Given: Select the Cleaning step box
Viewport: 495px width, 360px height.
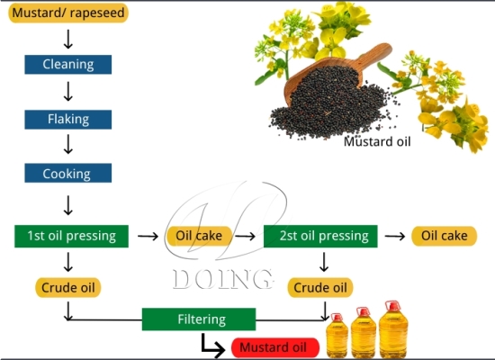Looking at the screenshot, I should click(67, 64).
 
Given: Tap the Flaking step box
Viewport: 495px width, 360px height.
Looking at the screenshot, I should click(67, 119).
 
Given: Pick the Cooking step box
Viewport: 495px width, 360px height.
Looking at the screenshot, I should click(67, 174).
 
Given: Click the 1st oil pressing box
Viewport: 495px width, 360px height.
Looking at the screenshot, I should click(71, 236).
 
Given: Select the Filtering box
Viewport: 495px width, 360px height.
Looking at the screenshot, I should click(199, 319).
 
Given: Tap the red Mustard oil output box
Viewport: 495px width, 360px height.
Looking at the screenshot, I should click(275, 347).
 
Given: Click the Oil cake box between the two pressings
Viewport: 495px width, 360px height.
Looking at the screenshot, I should click(200, 236).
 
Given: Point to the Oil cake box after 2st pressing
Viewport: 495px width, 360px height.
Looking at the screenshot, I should click(442, 236).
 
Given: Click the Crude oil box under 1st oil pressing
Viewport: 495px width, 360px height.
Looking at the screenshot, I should click(69, 288).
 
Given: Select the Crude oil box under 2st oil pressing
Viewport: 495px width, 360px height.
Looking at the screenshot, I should click(319, 288).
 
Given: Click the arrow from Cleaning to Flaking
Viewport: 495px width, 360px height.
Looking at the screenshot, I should click(67, 91).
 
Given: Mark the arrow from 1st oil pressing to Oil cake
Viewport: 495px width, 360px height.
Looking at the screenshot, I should click(146, 237).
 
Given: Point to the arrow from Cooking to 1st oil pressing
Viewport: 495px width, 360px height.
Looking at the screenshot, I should click(67, 202).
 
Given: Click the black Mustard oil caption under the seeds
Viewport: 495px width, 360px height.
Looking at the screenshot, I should click(378, 141).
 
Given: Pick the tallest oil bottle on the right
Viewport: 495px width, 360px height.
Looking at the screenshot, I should click(392, 330).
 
